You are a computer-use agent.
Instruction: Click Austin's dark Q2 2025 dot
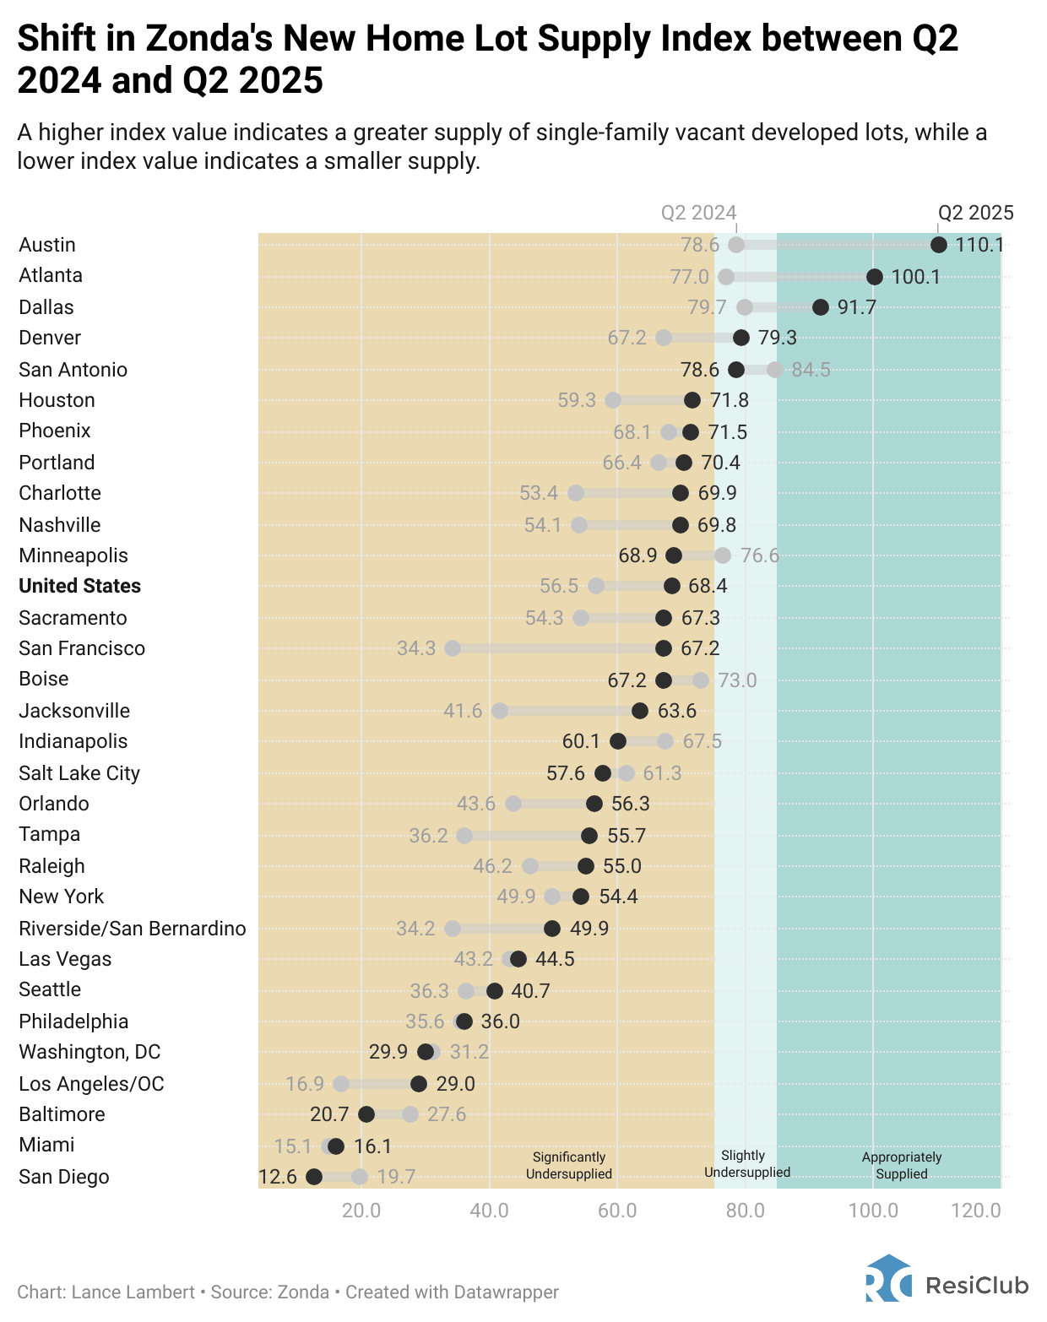[938, 245]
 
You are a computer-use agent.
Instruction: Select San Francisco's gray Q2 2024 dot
[453, 648]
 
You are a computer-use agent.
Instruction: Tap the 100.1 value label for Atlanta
[915, 277]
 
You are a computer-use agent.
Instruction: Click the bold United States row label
[79, 586]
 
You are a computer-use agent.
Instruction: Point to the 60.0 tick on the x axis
[617, 1211]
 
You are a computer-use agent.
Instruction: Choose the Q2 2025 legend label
[975, 213]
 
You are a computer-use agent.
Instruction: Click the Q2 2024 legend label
[698, 213]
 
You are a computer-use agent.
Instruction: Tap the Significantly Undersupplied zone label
[568, 1165]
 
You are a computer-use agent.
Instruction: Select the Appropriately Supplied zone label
[901, 1165]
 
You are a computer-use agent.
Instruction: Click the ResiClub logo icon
[888, 1279]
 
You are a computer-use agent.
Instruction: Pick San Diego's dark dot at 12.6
[314, 1177]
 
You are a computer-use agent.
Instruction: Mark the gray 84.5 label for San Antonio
[811, 370]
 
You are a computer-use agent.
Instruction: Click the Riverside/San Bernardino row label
[133, 929]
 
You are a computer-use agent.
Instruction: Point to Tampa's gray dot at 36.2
[464, 836]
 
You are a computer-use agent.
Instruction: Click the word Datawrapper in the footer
[506, 1292]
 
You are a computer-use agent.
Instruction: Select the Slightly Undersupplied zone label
[746, 1163]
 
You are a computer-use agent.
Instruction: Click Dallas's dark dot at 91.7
[820, 307]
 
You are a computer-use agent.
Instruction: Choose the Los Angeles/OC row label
[91, 1084]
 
